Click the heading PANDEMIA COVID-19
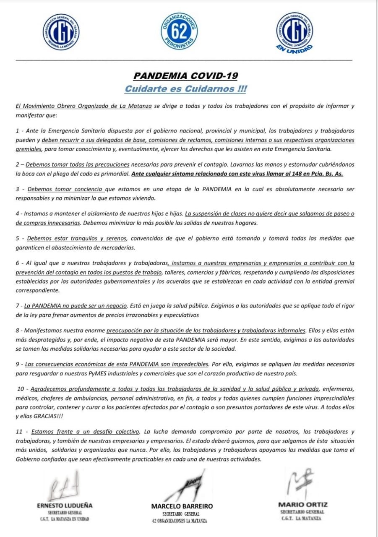click(x=185, y=76)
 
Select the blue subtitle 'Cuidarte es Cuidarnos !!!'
click(x=185, y=89)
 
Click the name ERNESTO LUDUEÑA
click(x=65, y=506)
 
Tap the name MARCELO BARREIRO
click(x=182, y=506)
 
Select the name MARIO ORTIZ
click(x=302, y=505)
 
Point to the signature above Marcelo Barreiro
click(x=188, y=482)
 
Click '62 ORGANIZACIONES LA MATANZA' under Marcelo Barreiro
click(x=180, y=521)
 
